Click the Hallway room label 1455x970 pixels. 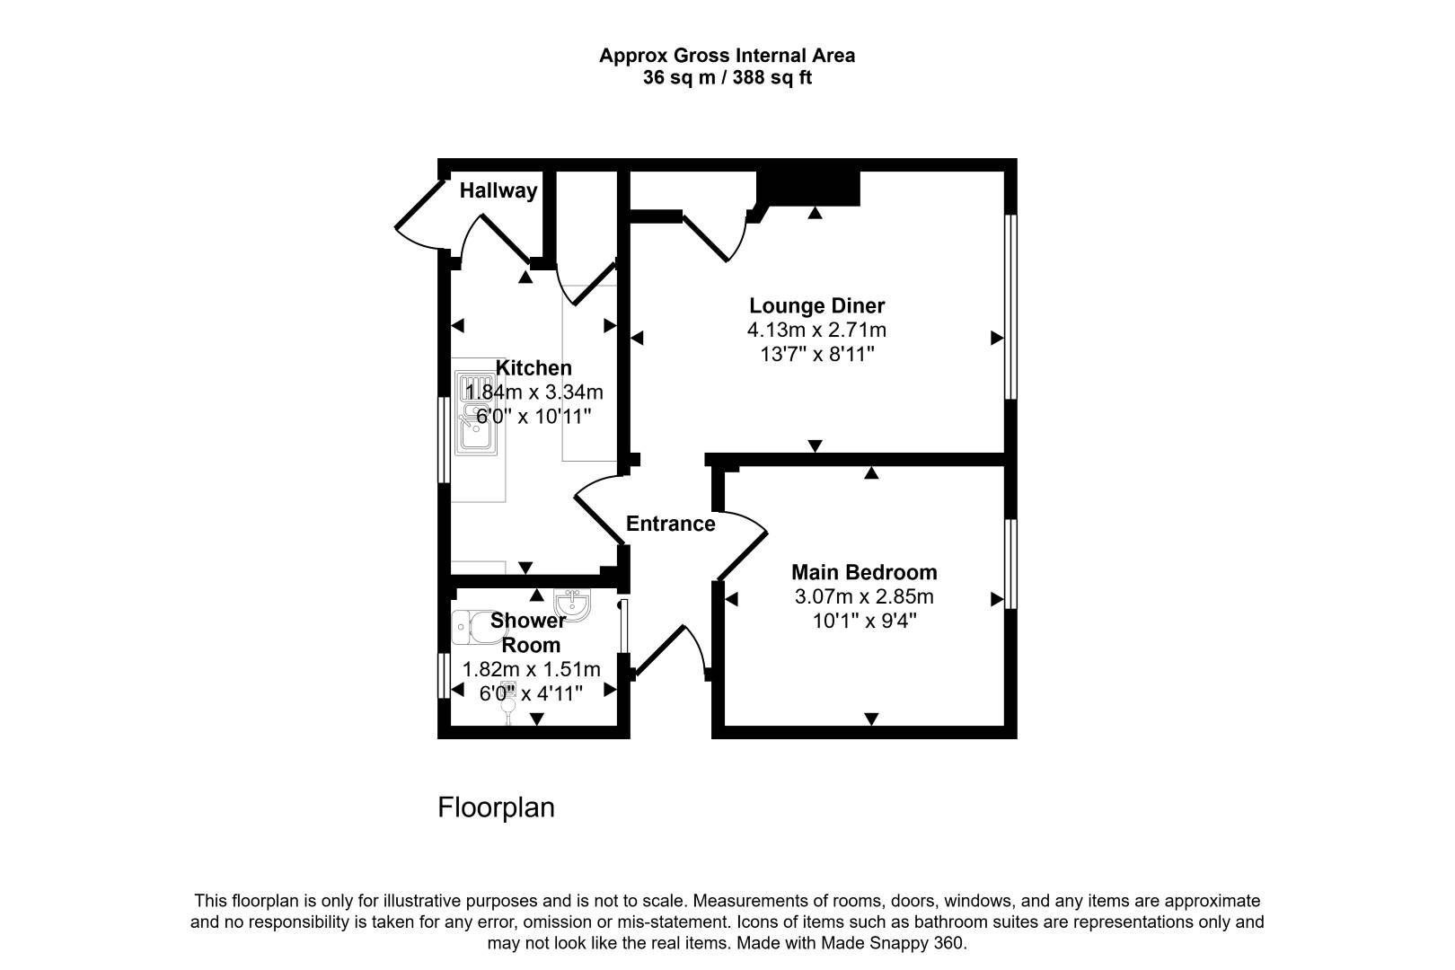coord(498,190)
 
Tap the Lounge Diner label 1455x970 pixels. coord(816,305)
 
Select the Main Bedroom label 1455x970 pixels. coord(863,572)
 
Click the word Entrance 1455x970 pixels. coord(670,524)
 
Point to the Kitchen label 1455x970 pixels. coord(533,367)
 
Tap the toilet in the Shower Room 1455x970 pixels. coord(472,627)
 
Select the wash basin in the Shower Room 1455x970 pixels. coord(572,604)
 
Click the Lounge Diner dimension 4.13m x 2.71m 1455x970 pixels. coord(816,330)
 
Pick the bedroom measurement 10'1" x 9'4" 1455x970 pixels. coord(863,621)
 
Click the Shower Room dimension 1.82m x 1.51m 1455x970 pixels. coord(531,669)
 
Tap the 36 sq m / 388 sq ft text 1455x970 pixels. coord(727,78)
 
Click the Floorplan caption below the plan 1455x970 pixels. coord(496,807)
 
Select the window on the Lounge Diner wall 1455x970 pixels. coord(1010,305)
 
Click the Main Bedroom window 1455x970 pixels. coord(1010,563)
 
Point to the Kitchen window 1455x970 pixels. coord(443,440)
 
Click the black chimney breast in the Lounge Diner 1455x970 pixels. coord(808,188)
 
